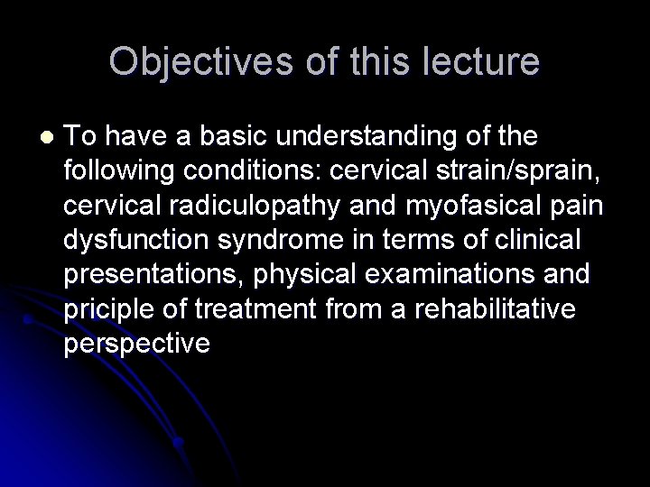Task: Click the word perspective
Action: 137,342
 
